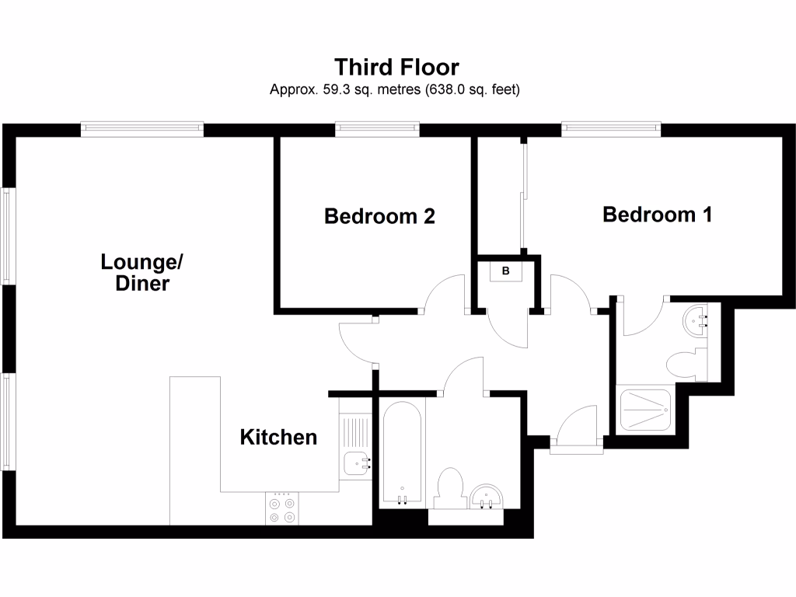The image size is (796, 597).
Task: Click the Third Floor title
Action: pos(397,66)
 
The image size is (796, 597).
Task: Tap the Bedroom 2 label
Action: pos(379,216)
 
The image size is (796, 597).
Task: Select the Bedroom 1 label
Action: pos(658,214)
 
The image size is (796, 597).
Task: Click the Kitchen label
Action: pos(278,437)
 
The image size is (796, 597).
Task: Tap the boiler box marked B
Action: pos(506,271)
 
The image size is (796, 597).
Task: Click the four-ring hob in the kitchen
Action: pos(281,509)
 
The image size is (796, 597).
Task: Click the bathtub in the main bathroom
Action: pos(402,453)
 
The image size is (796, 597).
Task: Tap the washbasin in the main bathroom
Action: pos(487,496)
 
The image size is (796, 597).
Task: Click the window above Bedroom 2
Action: pos(378,127)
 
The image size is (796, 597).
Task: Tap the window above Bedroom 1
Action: pos(611,127)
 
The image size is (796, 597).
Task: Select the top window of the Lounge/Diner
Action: pos(141,127)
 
